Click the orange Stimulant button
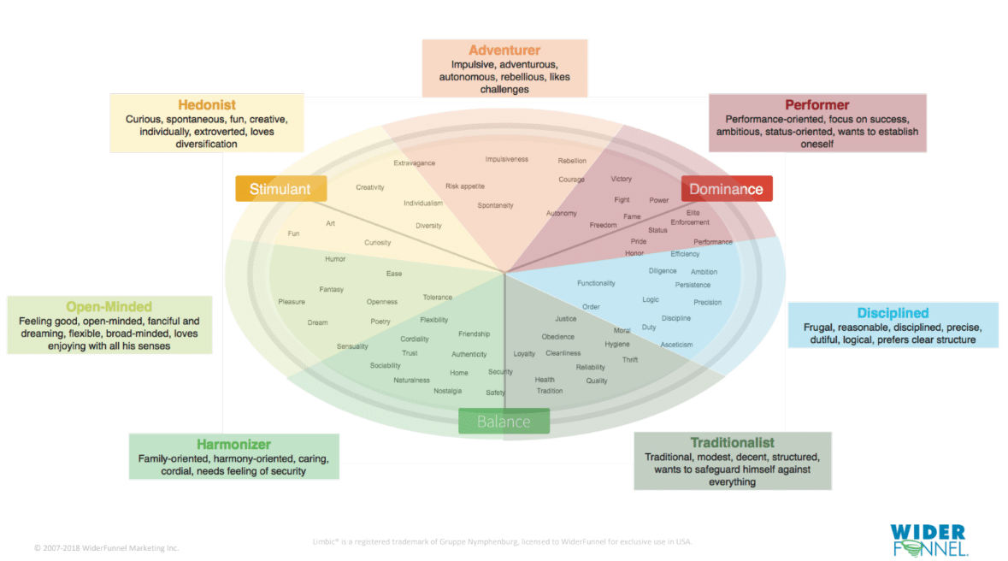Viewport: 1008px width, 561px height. tap(280, 189)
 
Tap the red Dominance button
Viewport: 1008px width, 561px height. tap(726, 189)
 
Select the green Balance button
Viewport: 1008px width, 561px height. tap(504, 422)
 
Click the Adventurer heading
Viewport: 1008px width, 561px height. tap(504, 50)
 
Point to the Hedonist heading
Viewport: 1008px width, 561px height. tap(207, 105)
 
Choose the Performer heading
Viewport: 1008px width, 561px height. tap(817, 105)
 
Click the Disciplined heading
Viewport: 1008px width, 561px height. tap(893, 313)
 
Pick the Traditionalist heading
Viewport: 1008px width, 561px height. tap(733, 443)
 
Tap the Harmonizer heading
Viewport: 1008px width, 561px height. tap(233, 445)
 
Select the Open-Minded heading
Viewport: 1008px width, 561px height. tap(109, 306)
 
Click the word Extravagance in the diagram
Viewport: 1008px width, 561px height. tap(414, 162)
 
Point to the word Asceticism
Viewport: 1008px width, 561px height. tap(676, 345)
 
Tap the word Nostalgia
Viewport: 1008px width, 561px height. tap(447, 391)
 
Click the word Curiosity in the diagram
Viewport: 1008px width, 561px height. tap(377, 243)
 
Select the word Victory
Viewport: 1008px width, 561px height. tap(622, 179)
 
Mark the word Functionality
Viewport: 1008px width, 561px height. tap(596, 283)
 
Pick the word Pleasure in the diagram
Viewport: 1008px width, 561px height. tap(292, 302)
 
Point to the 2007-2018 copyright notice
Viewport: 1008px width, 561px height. tap(106, 547)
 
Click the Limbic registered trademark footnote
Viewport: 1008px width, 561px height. tap(503, 541)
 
